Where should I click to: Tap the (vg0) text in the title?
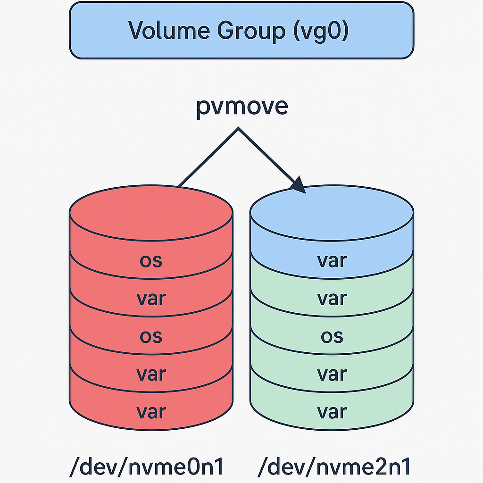[x=322, y=31]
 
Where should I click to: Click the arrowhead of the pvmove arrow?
[x=300, y=185]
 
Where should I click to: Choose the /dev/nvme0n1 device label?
[x=146, y=467]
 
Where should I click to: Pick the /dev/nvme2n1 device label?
[x=334, y=467]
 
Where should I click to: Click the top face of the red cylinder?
[x=151, y=210]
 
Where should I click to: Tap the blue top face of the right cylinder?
[x=332, y=212]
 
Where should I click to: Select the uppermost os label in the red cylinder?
[x=151, y=261]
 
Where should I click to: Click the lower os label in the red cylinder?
[x=151, y=336]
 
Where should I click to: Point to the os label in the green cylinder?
[x=332, y=336]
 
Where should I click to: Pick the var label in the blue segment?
[x=332, y=261]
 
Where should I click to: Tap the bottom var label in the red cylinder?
[x=151, y=412]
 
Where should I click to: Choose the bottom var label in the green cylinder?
[x=332, y=412]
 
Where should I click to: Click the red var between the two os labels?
[x=151, y=299]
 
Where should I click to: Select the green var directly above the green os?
[x=332, y=299]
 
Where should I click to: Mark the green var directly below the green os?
[x=332, y=374]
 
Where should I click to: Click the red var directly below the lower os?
[x=151, y=374]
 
